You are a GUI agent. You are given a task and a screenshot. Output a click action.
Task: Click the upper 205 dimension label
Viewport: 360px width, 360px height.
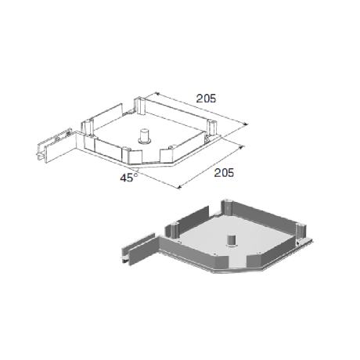click(x=206, y=99)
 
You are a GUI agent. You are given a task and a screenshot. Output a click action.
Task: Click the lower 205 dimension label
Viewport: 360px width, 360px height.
click(x=224, y=173)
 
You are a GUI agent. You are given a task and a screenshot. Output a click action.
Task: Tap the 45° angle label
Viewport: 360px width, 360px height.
click(x=129, y=178)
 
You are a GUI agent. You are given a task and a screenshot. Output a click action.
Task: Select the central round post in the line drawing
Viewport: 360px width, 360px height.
click(x=144, y=136)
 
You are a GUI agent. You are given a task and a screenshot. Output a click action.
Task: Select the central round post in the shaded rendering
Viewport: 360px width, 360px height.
click(x=231, y=240)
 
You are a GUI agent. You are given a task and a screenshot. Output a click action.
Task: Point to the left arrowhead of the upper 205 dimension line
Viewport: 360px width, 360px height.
click(x=157, y=93)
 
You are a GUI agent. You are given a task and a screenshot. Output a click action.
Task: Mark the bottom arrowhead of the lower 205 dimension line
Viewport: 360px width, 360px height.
click(x=179, y=186)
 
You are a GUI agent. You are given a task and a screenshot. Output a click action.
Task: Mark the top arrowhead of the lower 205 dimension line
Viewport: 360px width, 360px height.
click(x=242, y=147)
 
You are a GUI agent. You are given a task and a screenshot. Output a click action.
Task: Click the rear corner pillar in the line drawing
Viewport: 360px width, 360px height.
click(x=139, y=106)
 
